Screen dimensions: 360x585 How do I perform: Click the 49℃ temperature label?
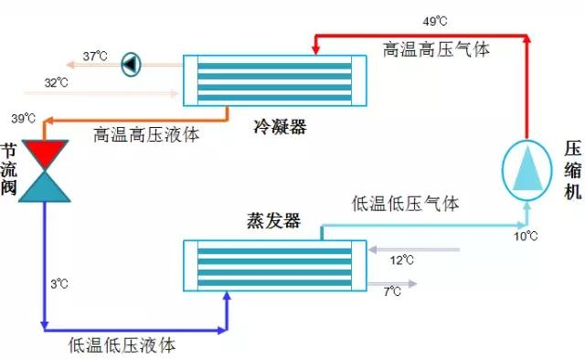click(x=435, y=20)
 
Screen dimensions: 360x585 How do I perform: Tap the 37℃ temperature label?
click(x=95, y=56)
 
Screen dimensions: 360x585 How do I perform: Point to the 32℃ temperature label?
click(x=56, y=83)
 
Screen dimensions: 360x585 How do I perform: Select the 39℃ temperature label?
click(x=23, y=119)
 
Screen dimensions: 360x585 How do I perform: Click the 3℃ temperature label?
click(x=58, y=284)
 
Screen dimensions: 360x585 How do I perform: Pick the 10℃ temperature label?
click(x=526, y=237)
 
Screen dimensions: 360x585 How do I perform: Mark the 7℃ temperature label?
click(x=392, y=291)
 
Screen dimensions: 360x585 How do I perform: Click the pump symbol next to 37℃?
click(x=131, y=63)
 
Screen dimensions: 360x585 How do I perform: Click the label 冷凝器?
click(x=279, y=127)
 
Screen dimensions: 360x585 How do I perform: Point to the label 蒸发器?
click(x=272, y=221)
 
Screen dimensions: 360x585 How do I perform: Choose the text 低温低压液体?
click(x=122, y=345)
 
